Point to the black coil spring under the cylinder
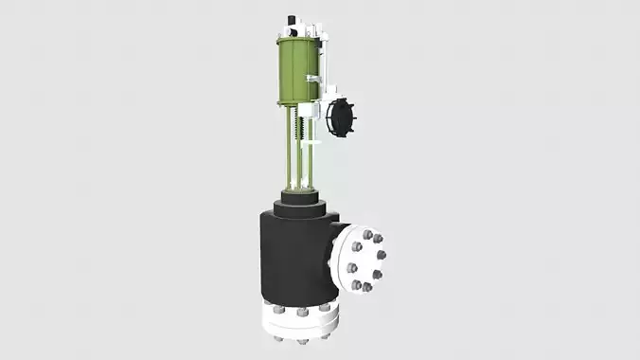pos(302,123)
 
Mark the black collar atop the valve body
pos(301,207)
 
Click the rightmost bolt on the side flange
pos(381,255)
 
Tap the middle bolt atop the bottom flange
pos(302,311)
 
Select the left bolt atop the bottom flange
pos(277,309)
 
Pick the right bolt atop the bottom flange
pos(325,307)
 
